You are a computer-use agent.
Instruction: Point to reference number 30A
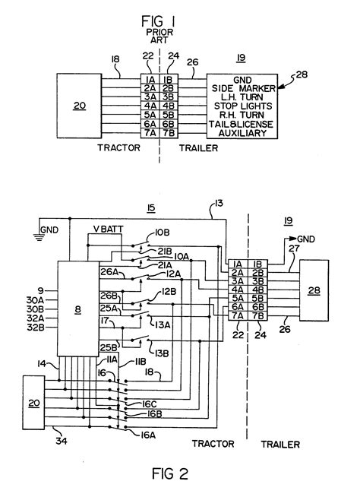(x=25, y=299)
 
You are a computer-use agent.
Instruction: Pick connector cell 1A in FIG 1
(x=150, y=78)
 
